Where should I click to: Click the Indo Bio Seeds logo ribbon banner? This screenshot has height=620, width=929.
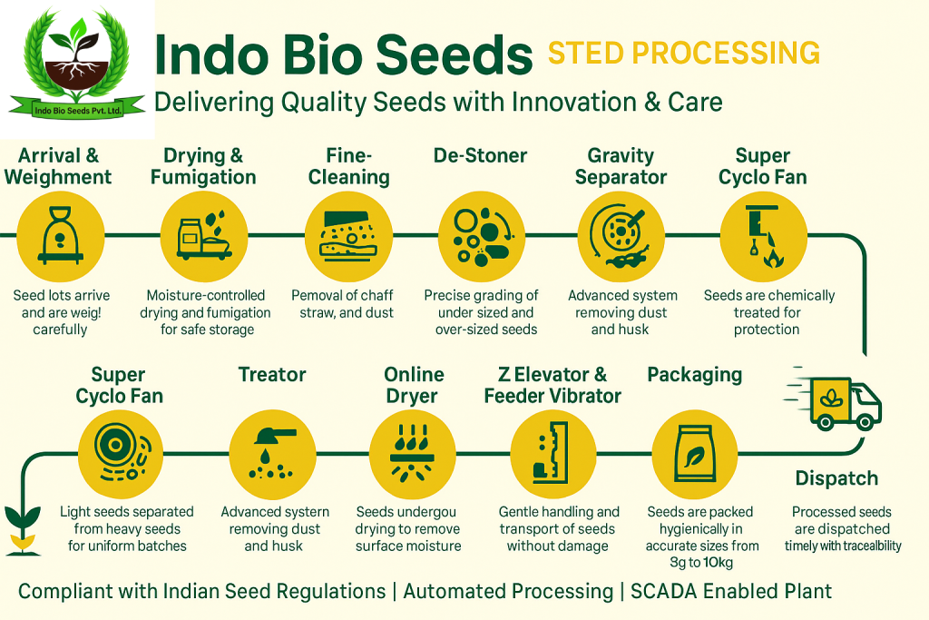(78, 107)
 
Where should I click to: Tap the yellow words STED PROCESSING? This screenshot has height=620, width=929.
(684, 54)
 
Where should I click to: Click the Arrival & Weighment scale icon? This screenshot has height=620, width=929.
(61, 235)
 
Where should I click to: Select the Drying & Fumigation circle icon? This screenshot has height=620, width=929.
(204, 236)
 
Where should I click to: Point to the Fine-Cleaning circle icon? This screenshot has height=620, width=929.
(348, 236)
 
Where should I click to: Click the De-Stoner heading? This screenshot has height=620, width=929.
(480, 155)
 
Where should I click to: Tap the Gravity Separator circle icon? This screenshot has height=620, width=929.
(621, 236)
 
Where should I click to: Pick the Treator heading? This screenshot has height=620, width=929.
(272, 375)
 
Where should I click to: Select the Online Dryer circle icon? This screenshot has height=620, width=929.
(413, 454)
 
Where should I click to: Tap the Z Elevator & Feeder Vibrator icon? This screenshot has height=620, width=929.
(553, 454)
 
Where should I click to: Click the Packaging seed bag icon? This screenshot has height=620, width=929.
(695, 454)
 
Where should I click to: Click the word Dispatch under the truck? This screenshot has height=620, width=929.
(836, 478)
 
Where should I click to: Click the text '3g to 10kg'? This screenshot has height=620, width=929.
(701, 562)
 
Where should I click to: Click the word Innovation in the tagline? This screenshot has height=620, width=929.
(573, 102)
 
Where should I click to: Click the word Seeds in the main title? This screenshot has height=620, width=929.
(455, 54)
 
